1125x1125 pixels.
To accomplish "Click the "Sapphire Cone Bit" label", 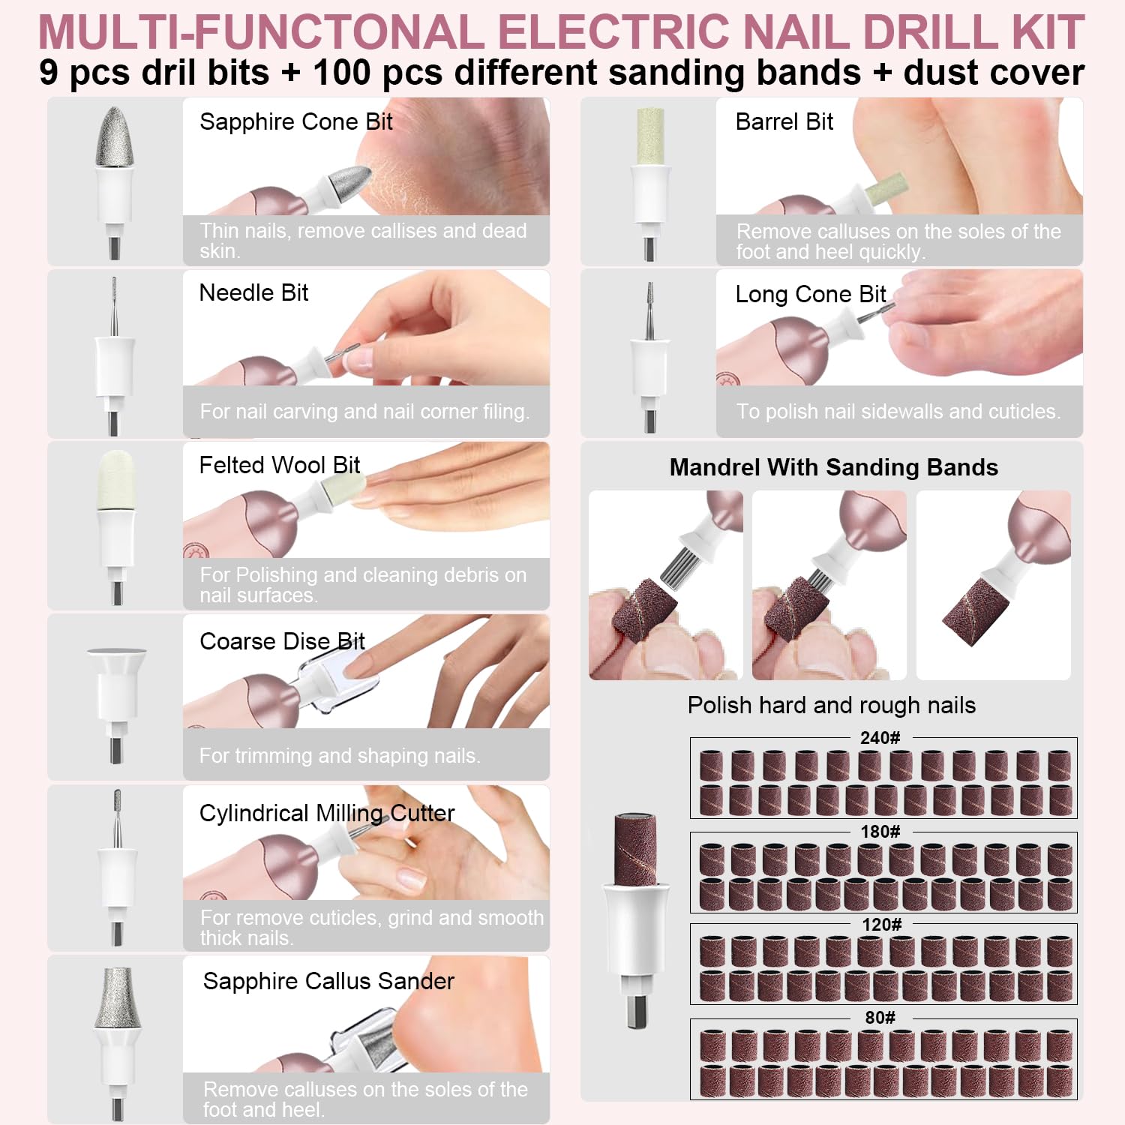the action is tap(296, 121).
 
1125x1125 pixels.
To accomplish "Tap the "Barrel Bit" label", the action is tap(784, 121).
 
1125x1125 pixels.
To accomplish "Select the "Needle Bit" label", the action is tap(253, 292).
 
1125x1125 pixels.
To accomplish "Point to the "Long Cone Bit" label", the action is tap(810, 294).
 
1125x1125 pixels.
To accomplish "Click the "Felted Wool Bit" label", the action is tap(280, 465).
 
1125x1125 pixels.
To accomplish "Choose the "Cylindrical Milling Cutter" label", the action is tap(327, 814).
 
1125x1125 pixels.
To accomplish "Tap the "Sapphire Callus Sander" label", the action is tap(328, 981).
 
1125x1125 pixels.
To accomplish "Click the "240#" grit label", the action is tap(880, 738).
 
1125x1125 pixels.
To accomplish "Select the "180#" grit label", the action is tap(880, 832).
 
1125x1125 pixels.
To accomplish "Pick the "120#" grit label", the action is tap(881, 925).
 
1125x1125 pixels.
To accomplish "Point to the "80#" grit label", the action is tap(880, 1018).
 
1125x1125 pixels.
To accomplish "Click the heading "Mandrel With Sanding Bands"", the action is tap(833, 467).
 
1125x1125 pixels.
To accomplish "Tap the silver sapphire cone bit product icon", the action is tap(115, 182).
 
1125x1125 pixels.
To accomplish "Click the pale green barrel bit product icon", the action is tap(650, 184).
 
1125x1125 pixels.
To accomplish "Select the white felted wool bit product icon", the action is tap(115, 527).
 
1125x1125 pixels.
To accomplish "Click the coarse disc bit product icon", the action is tap(116, 705).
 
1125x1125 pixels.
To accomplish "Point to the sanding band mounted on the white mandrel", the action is tap(635, 849).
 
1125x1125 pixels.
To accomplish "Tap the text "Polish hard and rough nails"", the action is tap(832, 705).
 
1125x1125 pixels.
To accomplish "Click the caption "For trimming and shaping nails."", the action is tap(340, 755).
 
